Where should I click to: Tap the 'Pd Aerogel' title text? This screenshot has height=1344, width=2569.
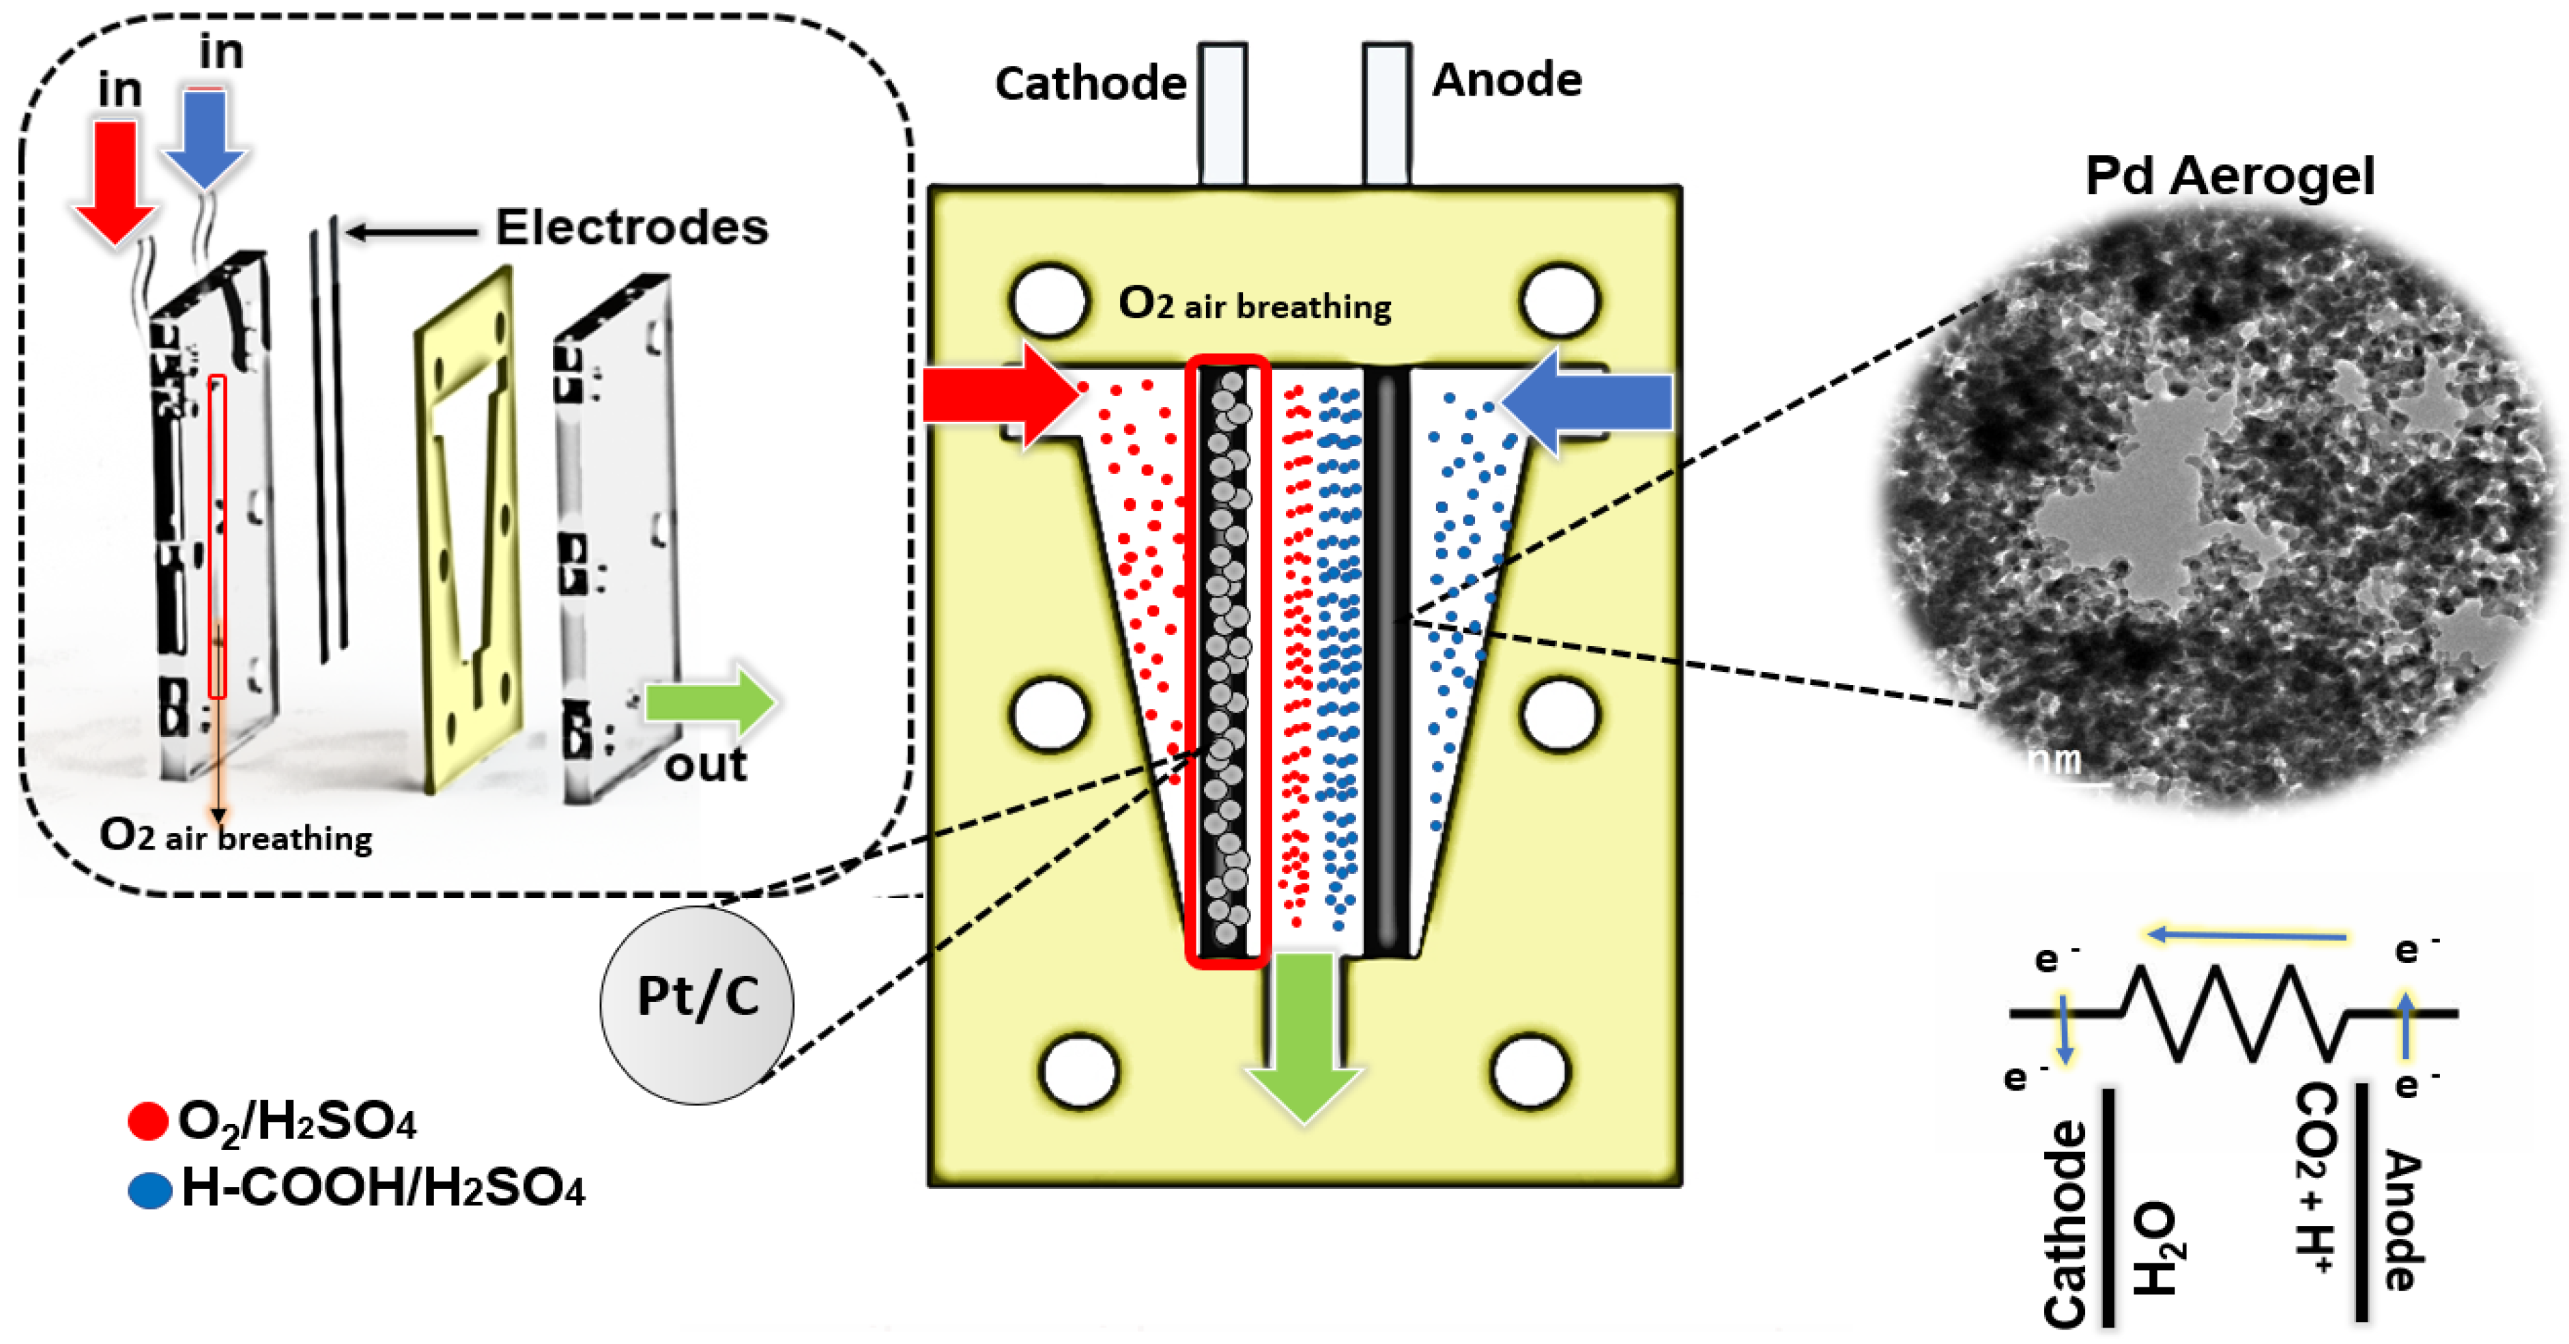(2230, 177)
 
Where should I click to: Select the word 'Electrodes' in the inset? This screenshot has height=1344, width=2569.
(632, 227)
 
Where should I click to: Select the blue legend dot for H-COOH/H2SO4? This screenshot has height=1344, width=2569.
(151, 1190)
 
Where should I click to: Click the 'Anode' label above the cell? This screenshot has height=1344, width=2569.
(1507, 80)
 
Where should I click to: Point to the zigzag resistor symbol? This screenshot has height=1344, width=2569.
(2234, 1013)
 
